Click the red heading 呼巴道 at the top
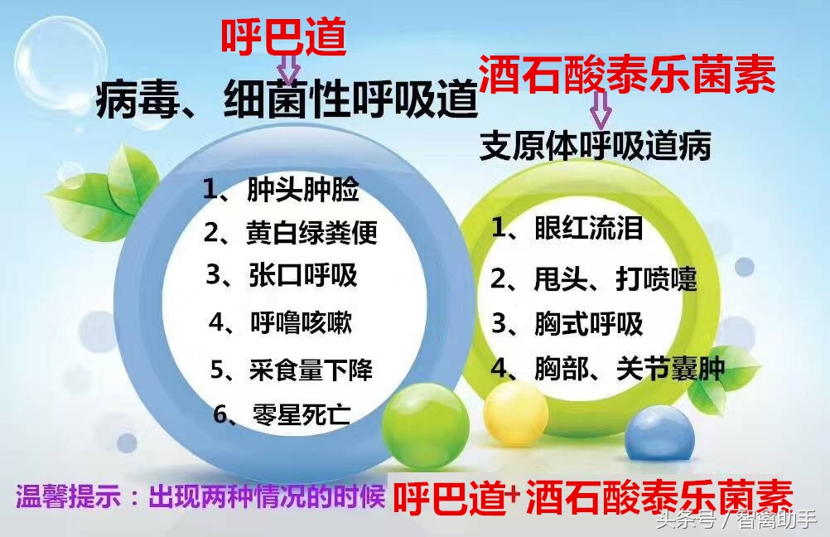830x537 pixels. pos(282,36)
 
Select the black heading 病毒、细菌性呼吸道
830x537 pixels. pos(287,103)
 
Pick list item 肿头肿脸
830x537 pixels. pos(282,190)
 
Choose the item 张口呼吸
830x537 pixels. pos(282,275)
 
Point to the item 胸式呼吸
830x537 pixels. pos(567,323)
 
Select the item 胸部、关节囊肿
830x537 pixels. pos(607,368)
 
